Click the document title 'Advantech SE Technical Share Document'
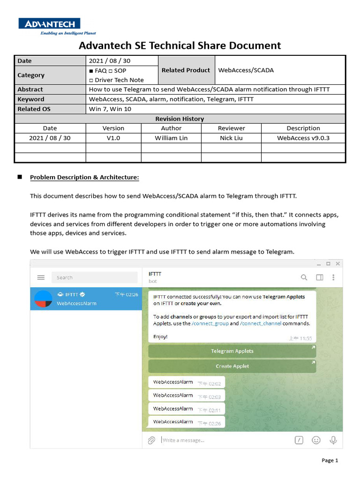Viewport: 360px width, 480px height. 180,45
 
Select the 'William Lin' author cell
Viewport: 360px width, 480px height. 171,138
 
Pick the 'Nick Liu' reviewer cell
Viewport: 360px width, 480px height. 231,138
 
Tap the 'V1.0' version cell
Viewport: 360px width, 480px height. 113,138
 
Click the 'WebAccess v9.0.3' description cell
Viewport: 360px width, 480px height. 303,138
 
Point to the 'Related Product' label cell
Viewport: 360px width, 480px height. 186,70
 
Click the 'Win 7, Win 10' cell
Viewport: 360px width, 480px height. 110,109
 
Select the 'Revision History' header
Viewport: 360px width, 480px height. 180,119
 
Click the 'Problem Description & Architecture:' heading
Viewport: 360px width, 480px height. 84,178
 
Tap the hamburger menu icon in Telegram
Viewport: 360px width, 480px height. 41,277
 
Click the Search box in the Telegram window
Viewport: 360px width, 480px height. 94,277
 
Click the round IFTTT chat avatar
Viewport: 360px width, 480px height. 43,299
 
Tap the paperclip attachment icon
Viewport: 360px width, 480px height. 151,440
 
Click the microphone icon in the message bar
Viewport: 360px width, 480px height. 333,440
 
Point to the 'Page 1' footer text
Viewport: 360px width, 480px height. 330,460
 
